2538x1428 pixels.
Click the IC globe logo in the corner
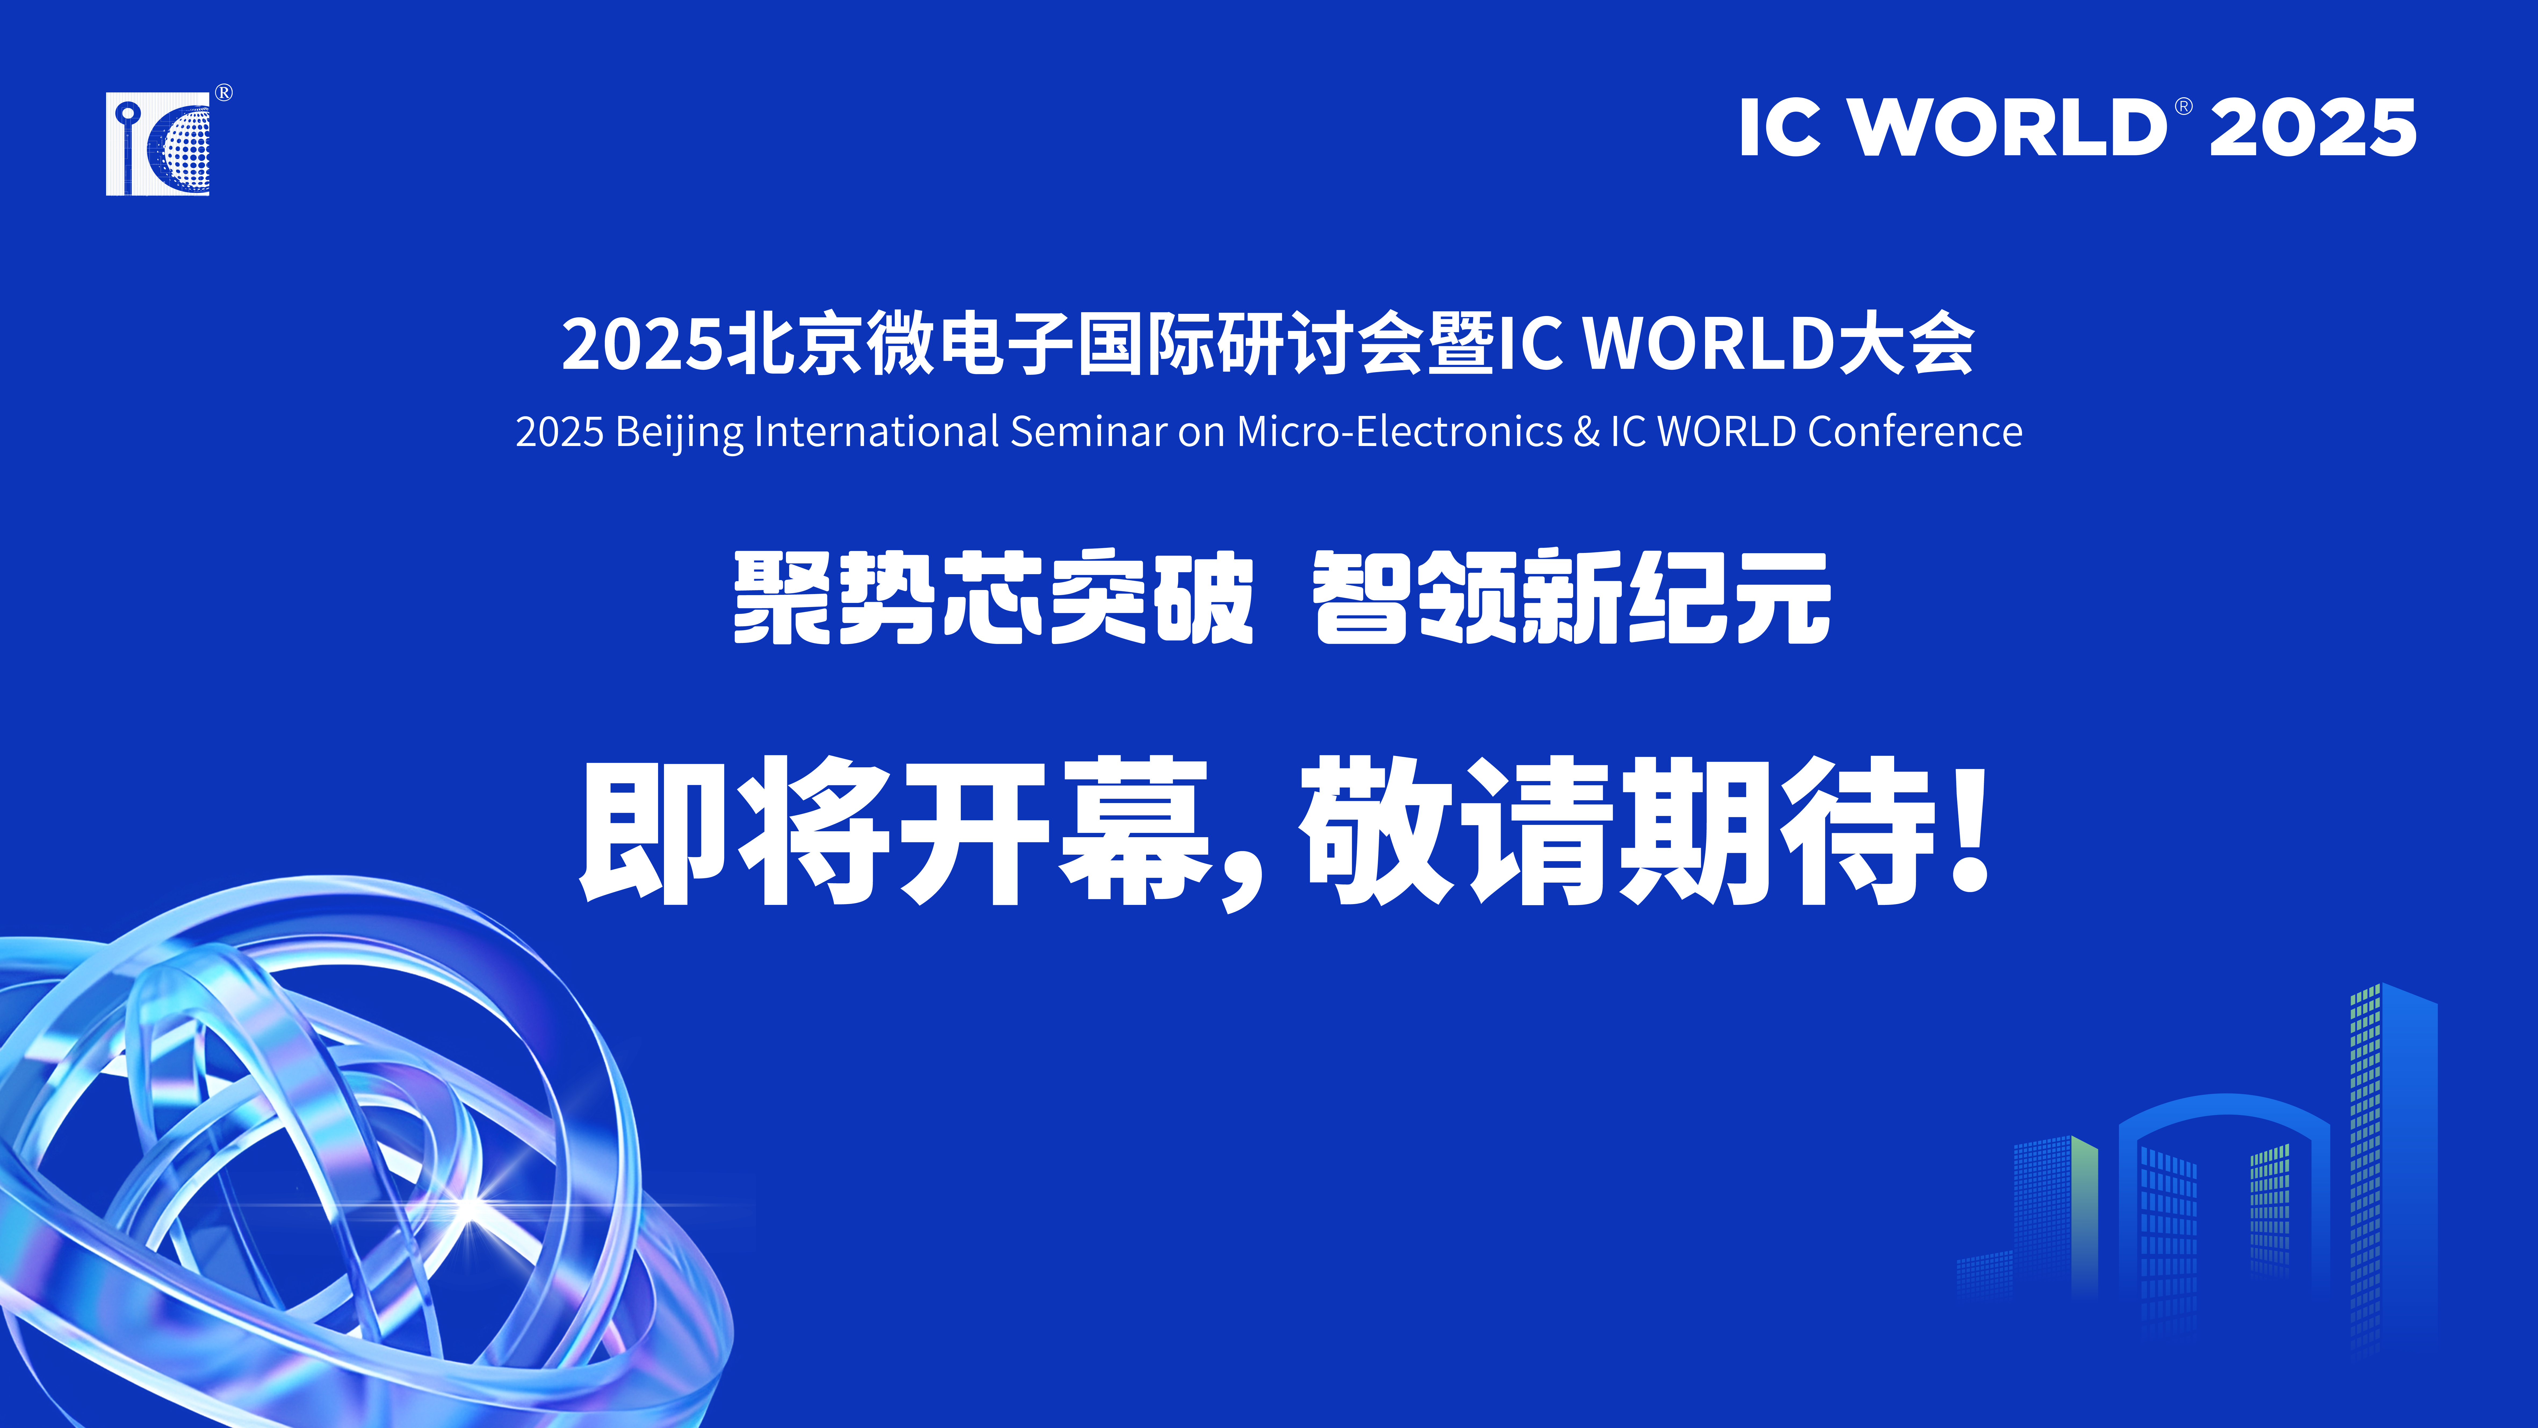(x=158, y=144)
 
